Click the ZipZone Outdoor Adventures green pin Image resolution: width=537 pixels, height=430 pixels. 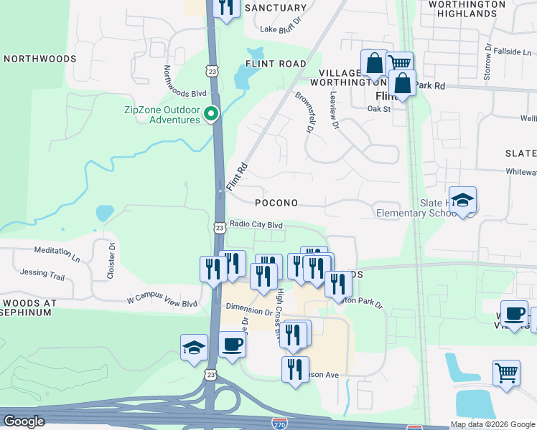tap(211, 114)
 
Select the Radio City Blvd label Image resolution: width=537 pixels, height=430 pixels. tap(256, 225)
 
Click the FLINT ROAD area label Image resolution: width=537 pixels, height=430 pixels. tap(276, 64)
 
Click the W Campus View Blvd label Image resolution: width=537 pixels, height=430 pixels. tap(162, 303)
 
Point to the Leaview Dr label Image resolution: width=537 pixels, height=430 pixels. tap(333, 110)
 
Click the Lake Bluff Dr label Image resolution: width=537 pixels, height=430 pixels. tap(279, 29)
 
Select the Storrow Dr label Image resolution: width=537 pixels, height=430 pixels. tap(487, 62)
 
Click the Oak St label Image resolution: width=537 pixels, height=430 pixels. tap(378, 109)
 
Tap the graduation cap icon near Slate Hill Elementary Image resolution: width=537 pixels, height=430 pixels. tap(463, 201)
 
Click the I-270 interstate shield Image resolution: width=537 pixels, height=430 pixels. tap(280, 425)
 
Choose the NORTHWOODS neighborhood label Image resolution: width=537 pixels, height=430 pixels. tap(40, 59)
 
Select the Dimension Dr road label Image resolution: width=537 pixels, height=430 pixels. tap(248, 307)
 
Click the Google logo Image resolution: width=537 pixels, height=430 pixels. tap(24, 421)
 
